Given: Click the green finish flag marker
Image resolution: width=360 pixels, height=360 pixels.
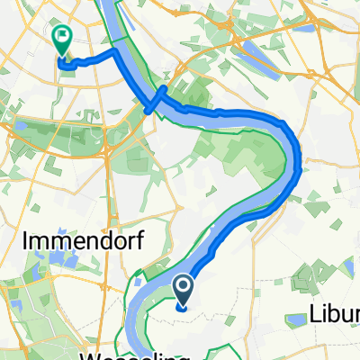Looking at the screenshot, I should [63, 40].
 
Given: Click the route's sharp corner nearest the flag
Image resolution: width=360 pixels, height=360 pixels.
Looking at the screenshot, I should [115, 54].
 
